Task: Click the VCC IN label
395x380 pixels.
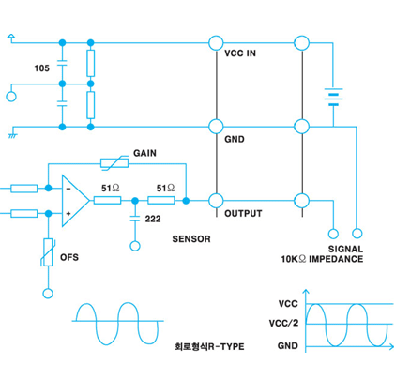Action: click(240, 53)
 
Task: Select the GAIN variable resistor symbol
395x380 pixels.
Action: click(114, 163)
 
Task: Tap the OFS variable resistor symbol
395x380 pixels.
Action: click(48, 252)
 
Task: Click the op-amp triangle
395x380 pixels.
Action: click(75, 201)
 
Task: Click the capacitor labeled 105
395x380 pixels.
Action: click(62, 63)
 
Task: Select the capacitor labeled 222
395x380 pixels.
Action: click(135, 218)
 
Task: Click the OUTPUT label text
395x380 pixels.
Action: click(243, 214)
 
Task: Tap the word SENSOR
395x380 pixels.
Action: click(191, 239)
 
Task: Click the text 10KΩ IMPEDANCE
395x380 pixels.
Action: click(322, 259)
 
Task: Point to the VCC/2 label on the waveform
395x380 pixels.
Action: click(283, 323)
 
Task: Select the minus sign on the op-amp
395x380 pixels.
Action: click(68, 189)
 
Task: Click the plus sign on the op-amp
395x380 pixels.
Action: click(68, 214)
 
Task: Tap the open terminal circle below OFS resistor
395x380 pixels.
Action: click(48, 294)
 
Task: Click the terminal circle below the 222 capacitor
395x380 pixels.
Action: click(135, 246)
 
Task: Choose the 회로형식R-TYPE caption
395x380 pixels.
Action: click(209, 346)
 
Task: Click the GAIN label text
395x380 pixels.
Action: click(144, 153)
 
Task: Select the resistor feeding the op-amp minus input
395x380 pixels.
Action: click(24, 189)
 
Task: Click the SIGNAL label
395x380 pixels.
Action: click(345, 249)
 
